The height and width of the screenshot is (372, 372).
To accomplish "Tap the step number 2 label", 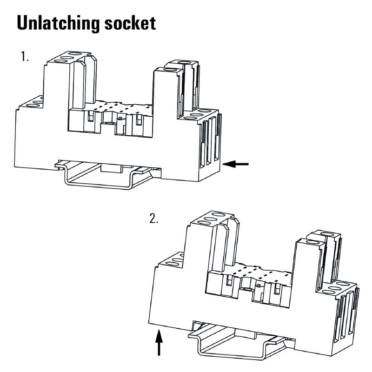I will tap(154, 219).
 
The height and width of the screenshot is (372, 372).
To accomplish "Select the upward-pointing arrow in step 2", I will tap(159, 342).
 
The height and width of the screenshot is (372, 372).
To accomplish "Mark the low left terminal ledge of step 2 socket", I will tap(170, 260).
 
